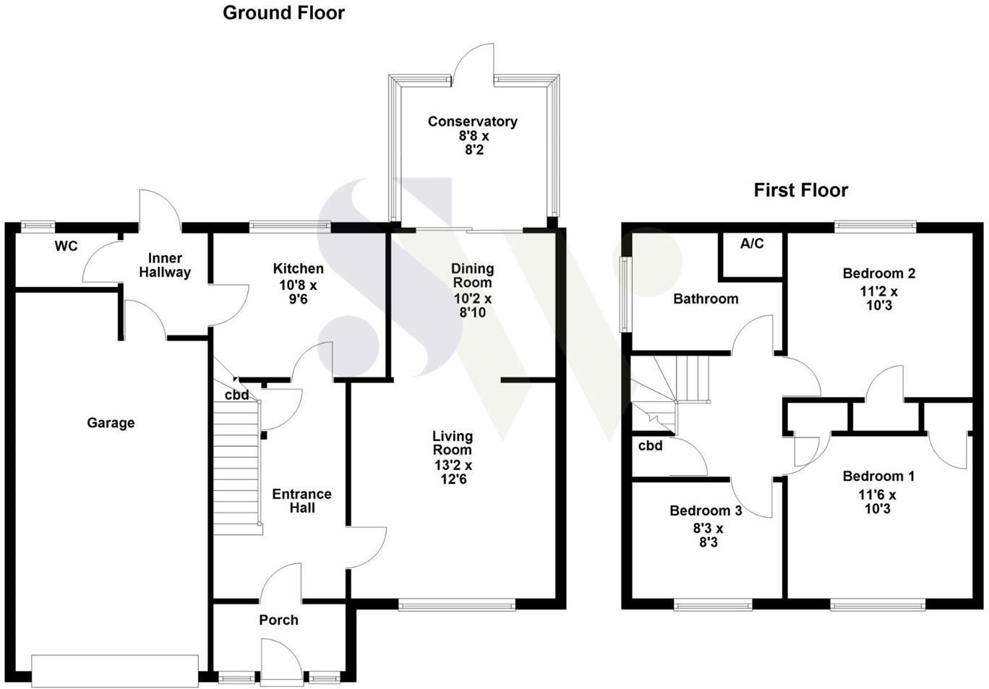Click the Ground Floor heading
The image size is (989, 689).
(283, 13)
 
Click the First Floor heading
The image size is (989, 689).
(800, 190)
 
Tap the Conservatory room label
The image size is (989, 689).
(472, 121)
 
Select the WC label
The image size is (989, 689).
(66, 247)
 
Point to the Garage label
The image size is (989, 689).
(111, 423)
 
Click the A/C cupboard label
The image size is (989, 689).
(752, 244)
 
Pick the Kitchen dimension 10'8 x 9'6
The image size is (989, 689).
(298, 292)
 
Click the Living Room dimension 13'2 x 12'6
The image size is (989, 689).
(453, 472)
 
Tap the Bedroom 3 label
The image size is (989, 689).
(706, 511)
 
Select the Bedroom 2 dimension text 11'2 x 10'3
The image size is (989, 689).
(878, 299)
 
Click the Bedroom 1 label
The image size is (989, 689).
(878, 476)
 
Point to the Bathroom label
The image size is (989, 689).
(706, 299)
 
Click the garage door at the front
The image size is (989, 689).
(115, 670)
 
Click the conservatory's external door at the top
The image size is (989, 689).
(474, 64)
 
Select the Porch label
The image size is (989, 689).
(278, 620)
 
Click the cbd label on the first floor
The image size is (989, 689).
(650, 446)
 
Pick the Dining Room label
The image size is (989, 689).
(472, 275)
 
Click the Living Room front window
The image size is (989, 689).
(456, 604)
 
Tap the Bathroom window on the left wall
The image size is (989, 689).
(625, 294)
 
